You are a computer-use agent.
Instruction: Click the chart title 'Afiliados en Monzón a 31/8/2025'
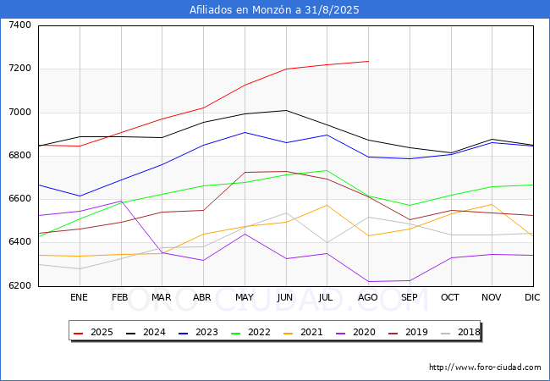point(274,10)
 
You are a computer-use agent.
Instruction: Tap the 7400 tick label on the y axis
point(19,25)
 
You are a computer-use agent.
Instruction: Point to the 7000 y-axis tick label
point(19,112)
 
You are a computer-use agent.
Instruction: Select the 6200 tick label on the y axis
point(19,285)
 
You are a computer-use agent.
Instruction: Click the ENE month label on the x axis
point(79,297)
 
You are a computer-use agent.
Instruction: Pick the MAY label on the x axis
point(244,297)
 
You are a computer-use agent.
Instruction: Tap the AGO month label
point(368,297)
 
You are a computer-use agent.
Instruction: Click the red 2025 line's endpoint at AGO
point(368,61)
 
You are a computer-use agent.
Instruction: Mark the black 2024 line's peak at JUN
point(285,110)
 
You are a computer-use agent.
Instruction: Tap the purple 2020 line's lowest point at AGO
point(368,282)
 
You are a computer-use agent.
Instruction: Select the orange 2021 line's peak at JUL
point(327,205)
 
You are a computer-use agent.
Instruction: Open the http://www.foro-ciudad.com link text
point(485,367)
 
